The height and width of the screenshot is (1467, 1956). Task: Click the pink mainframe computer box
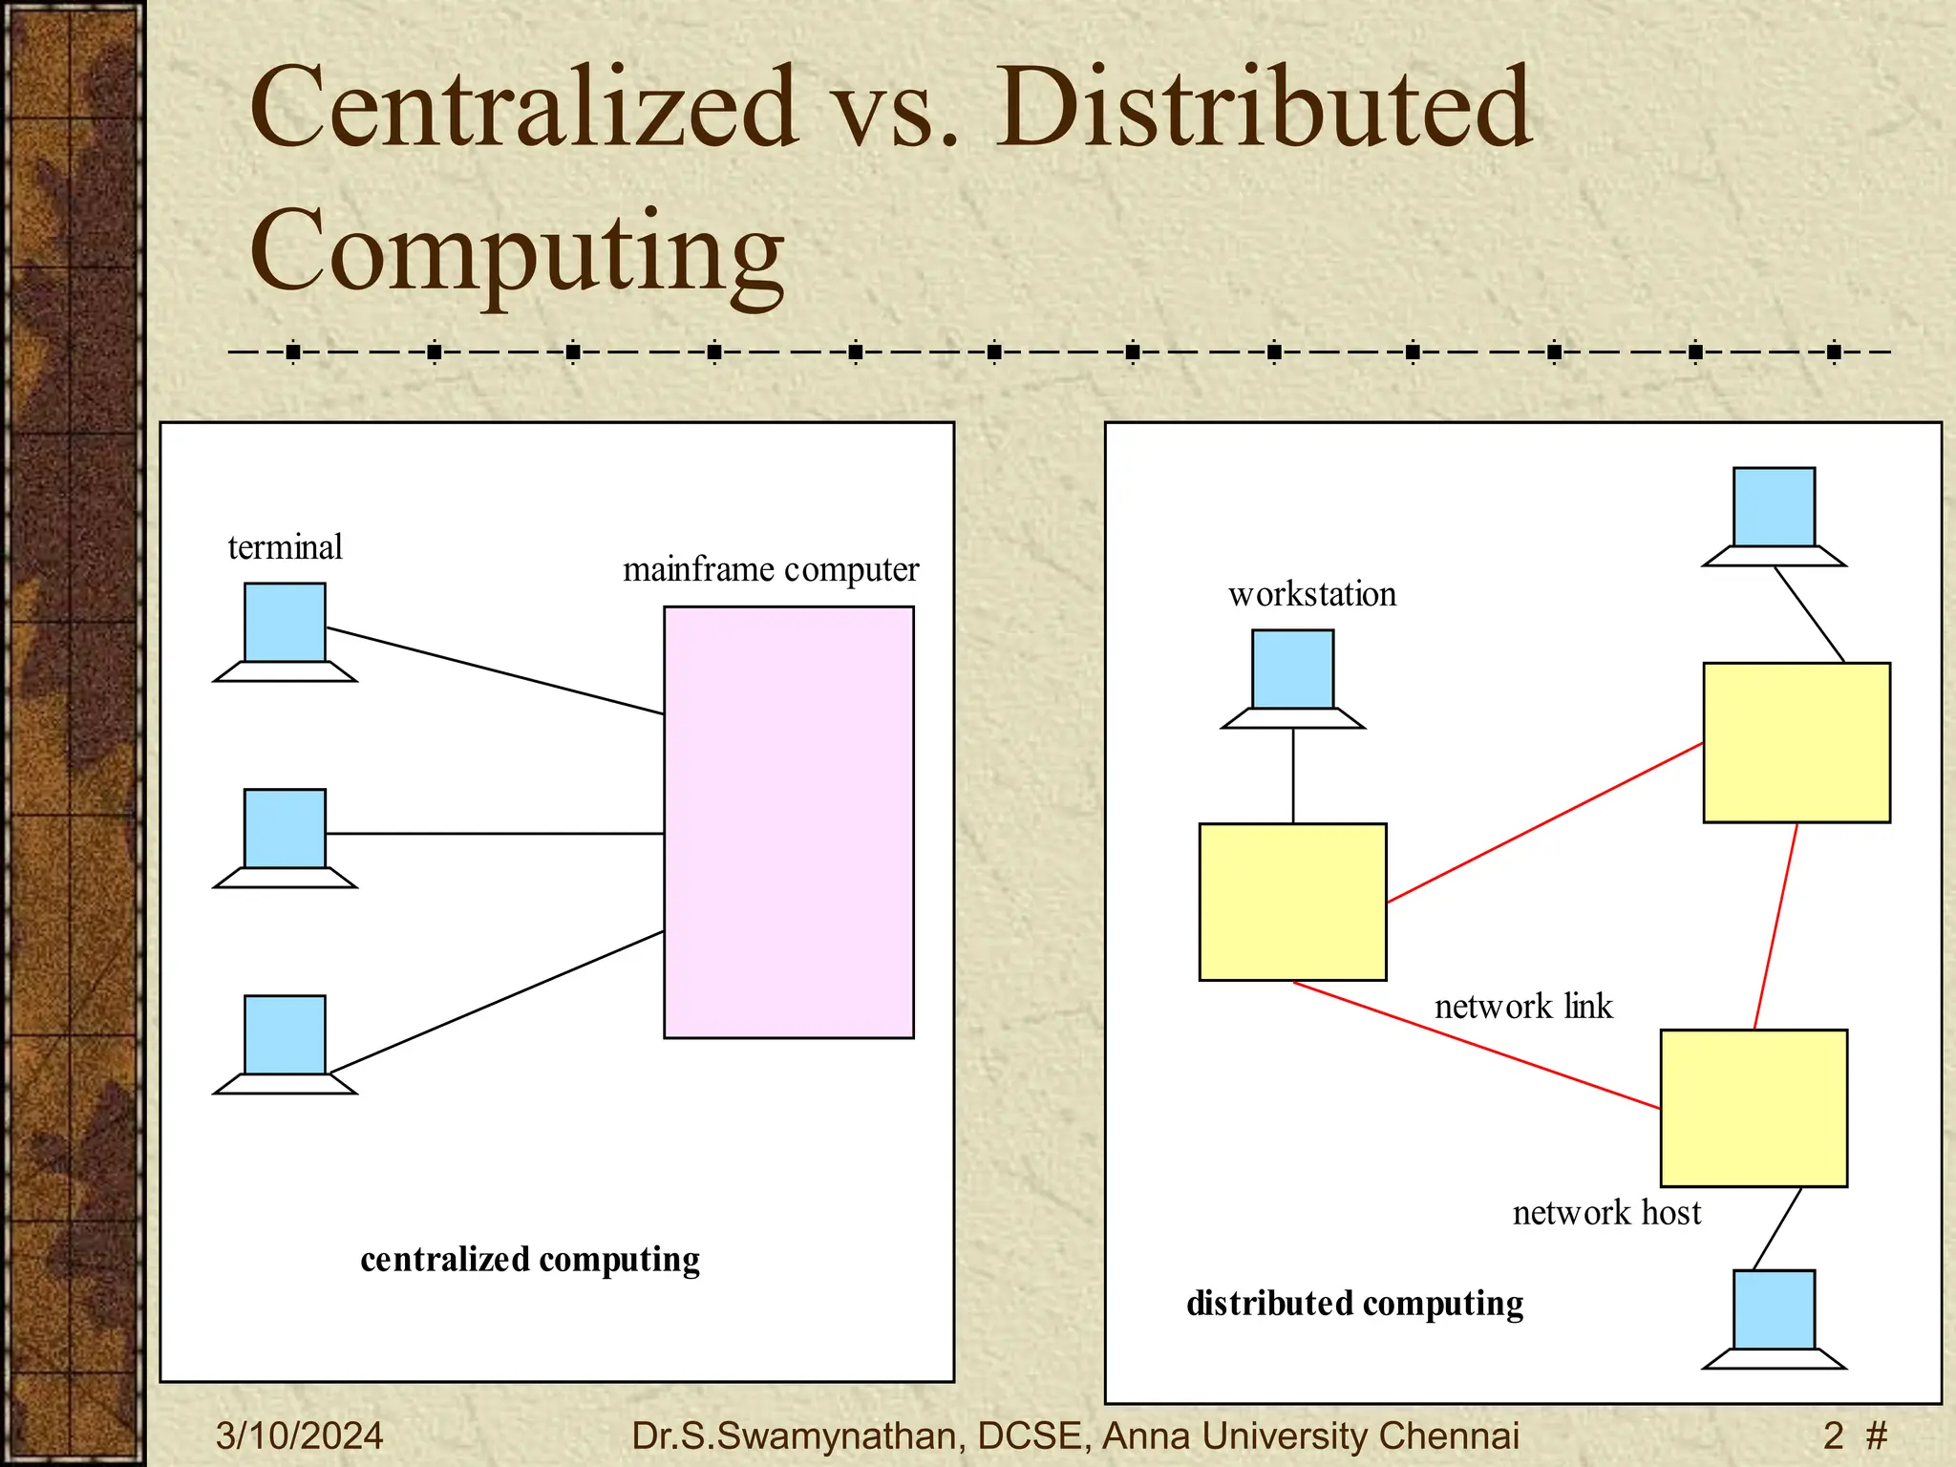click(788, 821)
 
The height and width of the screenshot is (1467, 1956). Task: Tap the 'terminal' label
click(285, 547)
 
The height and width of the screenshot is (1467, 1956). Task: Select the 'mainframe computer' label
click(771, 569)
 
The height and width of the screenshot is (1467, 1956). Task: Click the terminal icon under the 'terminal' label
click(285, 630)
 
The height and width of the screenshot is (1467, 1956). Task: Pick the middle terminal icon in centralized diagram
click(285, 836)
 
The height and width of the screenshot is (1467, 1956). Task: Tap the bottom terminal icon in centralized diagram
click(285, 1042)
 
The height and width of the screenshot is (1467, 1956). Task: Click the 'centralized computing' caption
click(530, 1260)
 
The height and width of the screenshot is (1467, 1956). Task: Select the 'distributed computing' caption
click(1354, 1304)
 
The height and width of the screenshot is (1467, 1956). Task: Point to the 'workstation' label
click(1311, 594)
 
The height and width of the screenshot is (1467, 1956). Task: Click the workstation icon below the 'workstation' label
click(1292, 676)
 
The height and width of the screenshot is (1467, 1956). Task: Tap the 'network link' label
click(1523, 1007)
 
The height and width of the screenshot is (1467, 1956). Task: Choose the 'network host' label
click(1606, 1213)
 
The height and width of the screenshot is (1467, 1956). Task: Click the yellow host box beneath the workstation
click(1292, 902)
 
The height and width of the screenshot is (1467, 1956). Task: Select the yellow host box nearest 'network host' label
click(1754, 1108)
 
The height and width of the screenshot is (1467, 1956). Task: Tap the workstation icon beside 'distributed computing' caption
click(1774, 1317)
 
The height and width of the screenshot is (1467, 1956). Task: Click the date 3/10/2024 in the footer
click(299, 1435)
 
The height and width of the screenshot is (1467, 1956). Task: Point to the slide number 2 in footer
click(1833, 1435)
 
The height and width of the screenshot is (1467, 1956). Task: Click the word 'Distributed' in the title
click(1264, 107)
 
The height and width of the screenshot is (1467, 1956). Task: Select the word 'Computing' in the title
click(517, 251)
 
